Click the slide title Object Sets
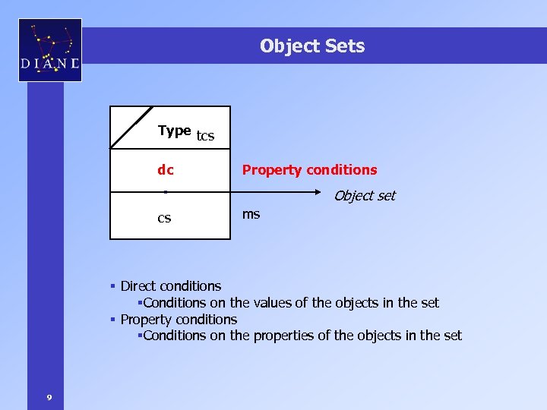311,46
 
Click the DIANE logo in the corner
50,50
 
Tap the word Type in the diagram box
174,131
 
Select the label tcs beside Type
205,137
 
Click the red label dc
165,170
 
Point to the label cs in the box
164,219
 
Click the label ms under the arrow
251,214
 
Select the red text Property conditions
309,170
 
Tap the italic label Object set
365,196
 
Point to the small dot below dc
165,192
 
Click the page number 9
49,397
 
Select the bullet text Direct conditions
171,286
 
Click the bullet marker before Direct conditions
112,286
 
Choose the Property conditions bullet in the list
179,320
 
